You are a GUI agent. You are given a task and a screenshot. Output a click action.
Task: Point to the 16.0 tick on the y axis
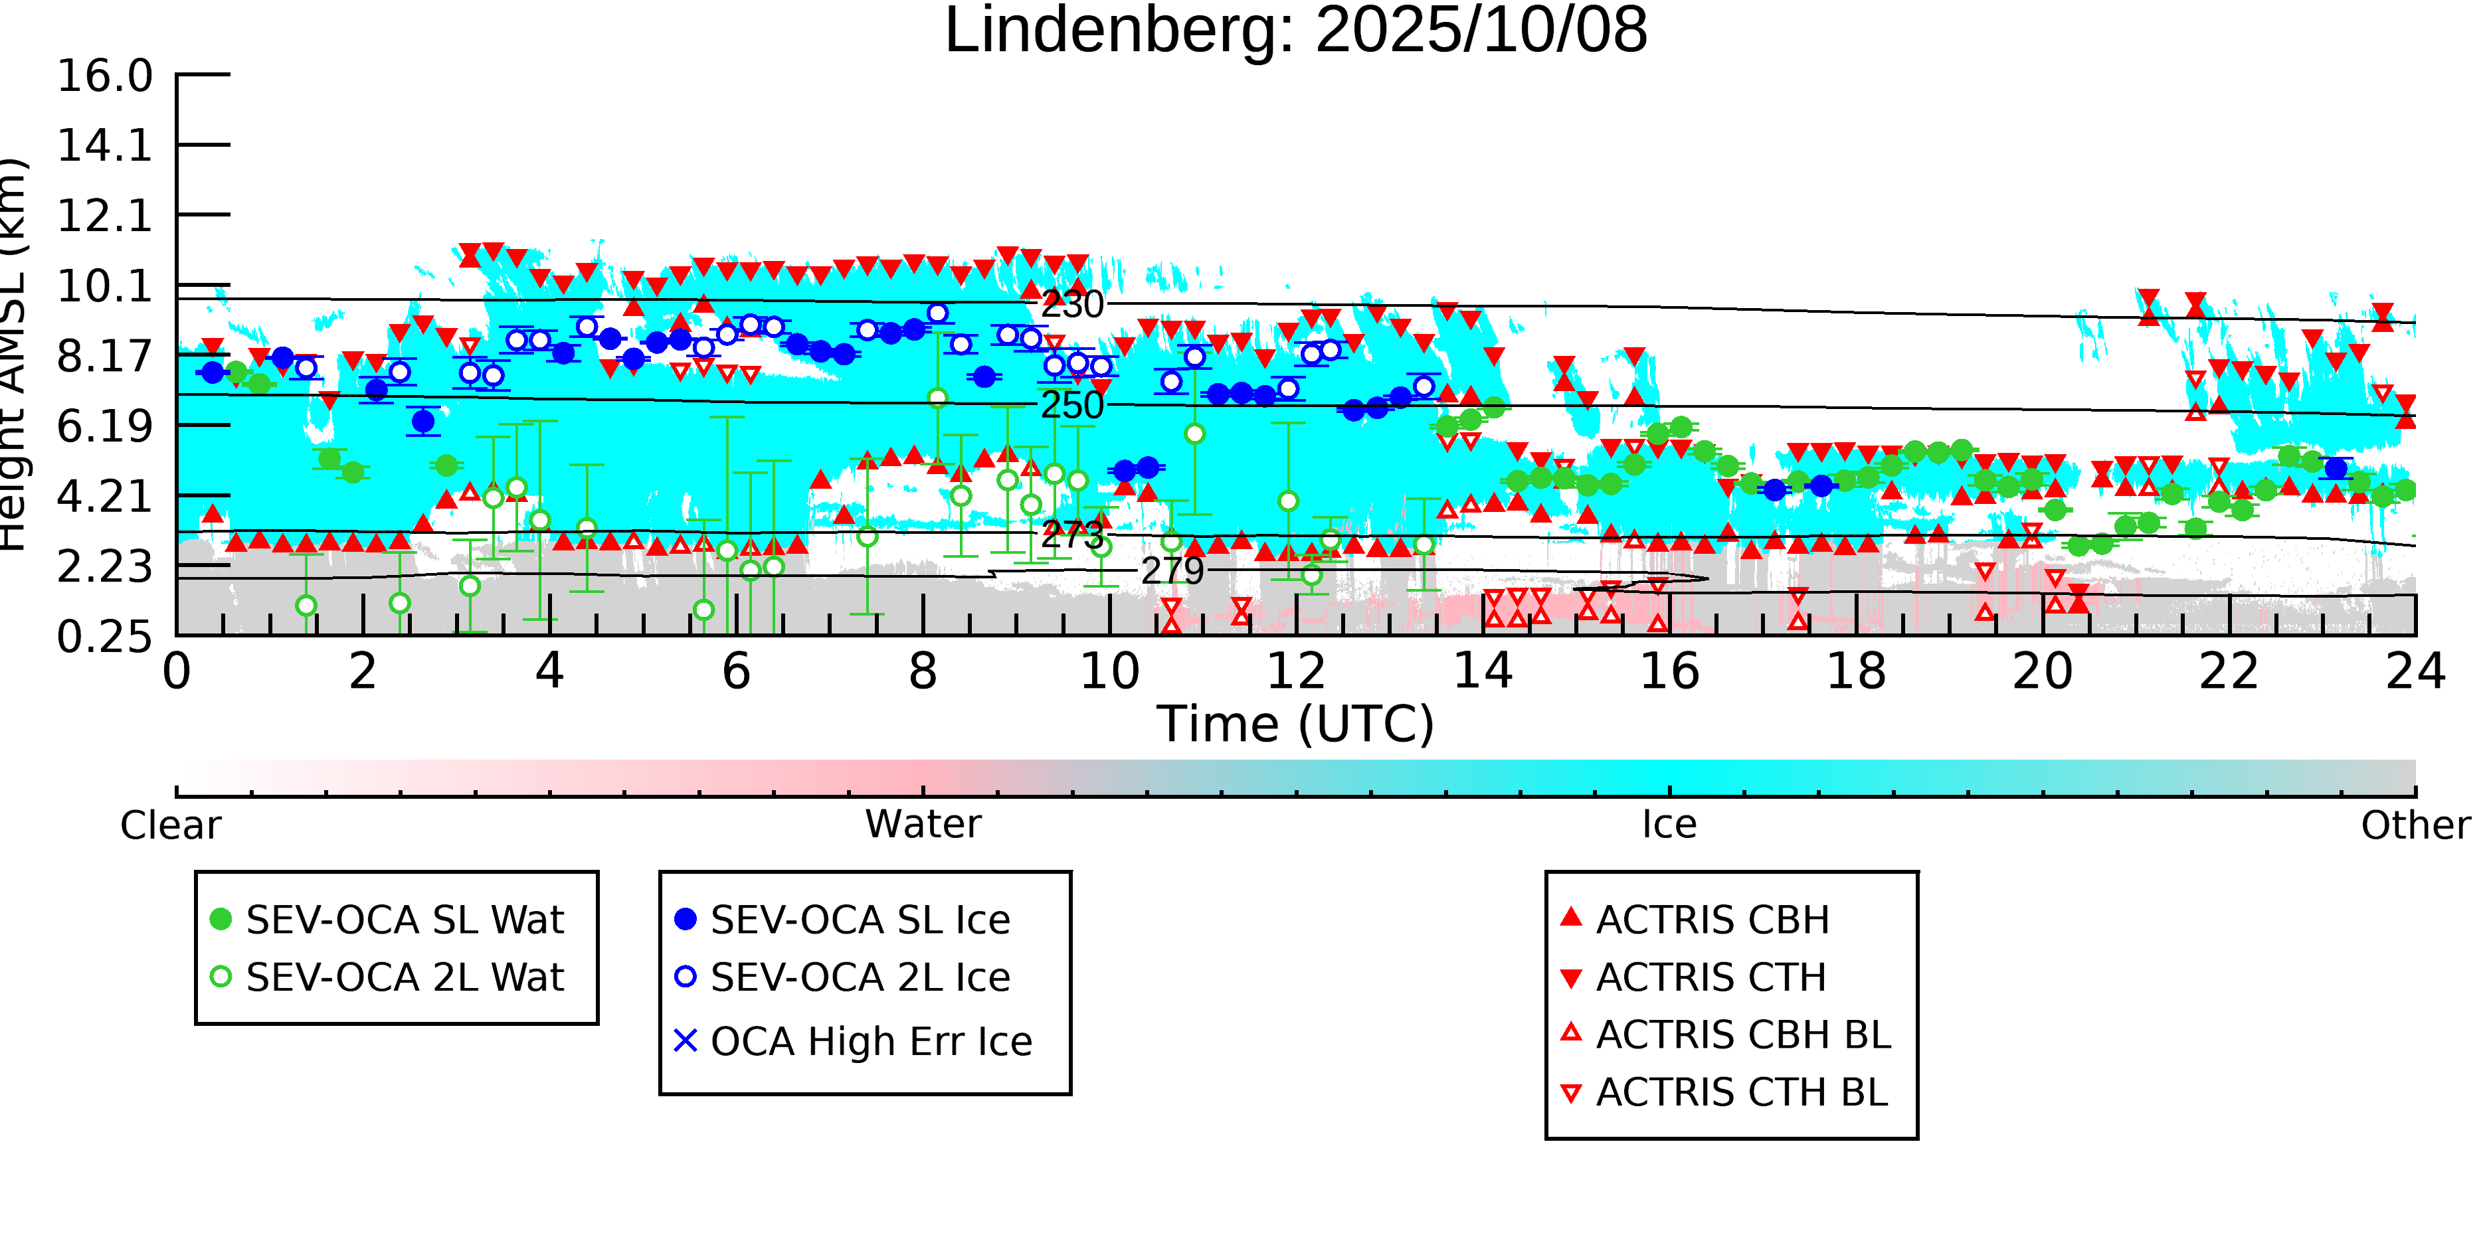coord(104,76)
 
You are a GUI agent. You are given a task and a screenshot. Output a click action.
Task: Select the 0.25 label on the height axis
coord(104,637)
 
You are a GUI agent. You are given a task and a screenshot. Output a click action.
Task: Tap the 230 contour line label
coord(1071,305)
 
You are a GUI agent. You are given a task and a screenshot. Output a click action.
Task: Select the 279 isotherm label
coord(1172,571)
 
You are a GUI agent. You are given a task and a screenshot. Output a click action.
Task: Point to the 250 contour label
coord(1071,405)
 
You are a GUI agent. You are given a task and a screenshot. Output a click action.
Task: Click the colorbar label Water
coord(923,825)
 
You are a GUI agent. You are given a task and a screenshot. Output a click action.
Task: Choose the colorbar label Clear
coord(170,825)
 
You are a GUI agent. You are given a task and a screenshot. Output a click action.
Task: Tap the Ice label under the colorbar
coord(1669,825)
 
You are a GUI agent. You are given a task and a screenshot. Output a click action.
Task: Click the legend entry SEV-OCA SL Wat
coord(405,920)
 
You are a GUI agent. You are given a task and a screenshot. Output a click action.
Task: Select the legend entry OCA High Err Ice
coord(870,1042)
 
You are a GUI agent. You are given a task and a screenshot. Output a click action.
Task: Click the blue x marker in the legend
coord(685,1041)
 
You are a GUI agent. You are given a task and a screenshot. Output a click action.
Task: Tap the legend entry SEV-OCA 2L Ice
coord(860,977)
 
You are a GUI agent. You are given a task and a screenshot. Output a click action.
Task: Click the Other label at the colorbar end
coord(2415,825)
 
